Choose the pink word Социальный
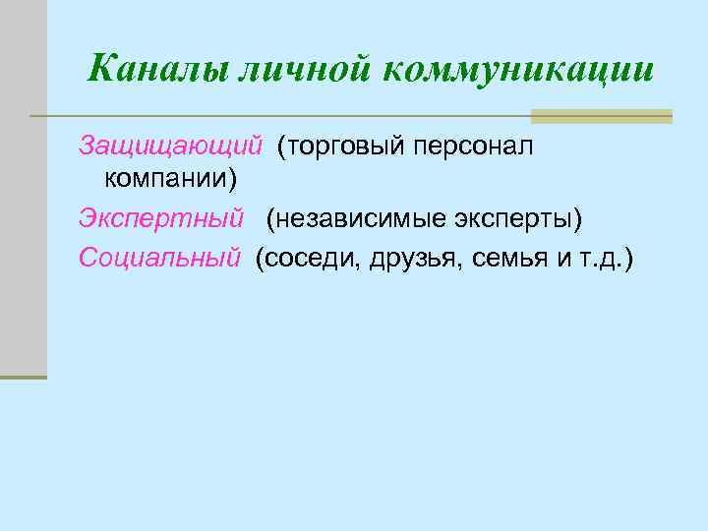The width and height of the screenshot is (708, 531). (x=159, y=258)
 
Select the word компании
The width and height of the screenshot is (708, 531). (x=169, y=180)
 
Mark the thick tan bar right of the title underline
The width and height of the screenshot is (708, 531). (x=601, y=116)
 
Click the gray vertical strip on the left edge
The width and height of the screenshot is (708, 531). (x=23, y=187)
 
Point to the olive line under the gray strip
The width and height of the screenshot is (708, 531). (x=23, y=377)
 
